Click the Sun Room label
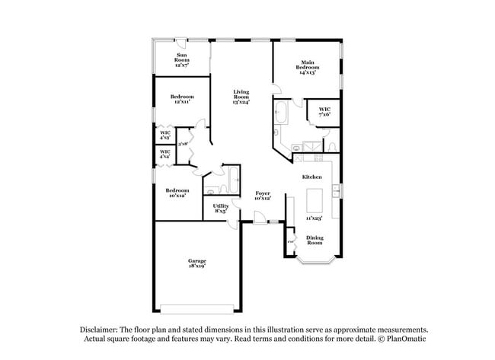[182, 60]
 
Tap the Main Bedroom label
[308, 66]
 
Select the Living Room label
[241, 96]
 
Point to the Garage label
[196, 263]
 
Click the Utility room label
[220, 208]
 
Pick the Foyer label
[263, 196]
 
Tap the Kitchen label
[312, 177]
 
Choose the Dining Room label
[315, 241]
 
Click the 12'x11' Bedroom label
[182, 99]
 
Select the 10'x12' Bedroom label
[177, 193]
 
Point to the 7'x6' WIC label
[324, 112]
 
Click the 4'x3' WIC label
[165, 135]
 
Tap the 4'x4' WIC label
[165, 154]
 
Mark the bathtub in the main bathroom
[280, 113]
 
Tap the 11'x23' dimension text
[314, 218]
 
